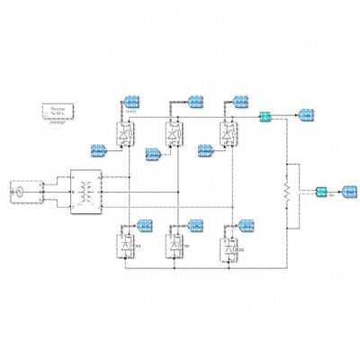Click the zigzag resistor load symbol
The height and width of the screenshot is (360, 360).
(286, 191)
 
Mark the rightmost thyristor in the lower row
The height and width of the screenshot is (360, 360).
(232, 246)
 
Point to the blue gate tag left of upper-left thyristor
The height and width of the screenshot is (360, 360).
(100, 148)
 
